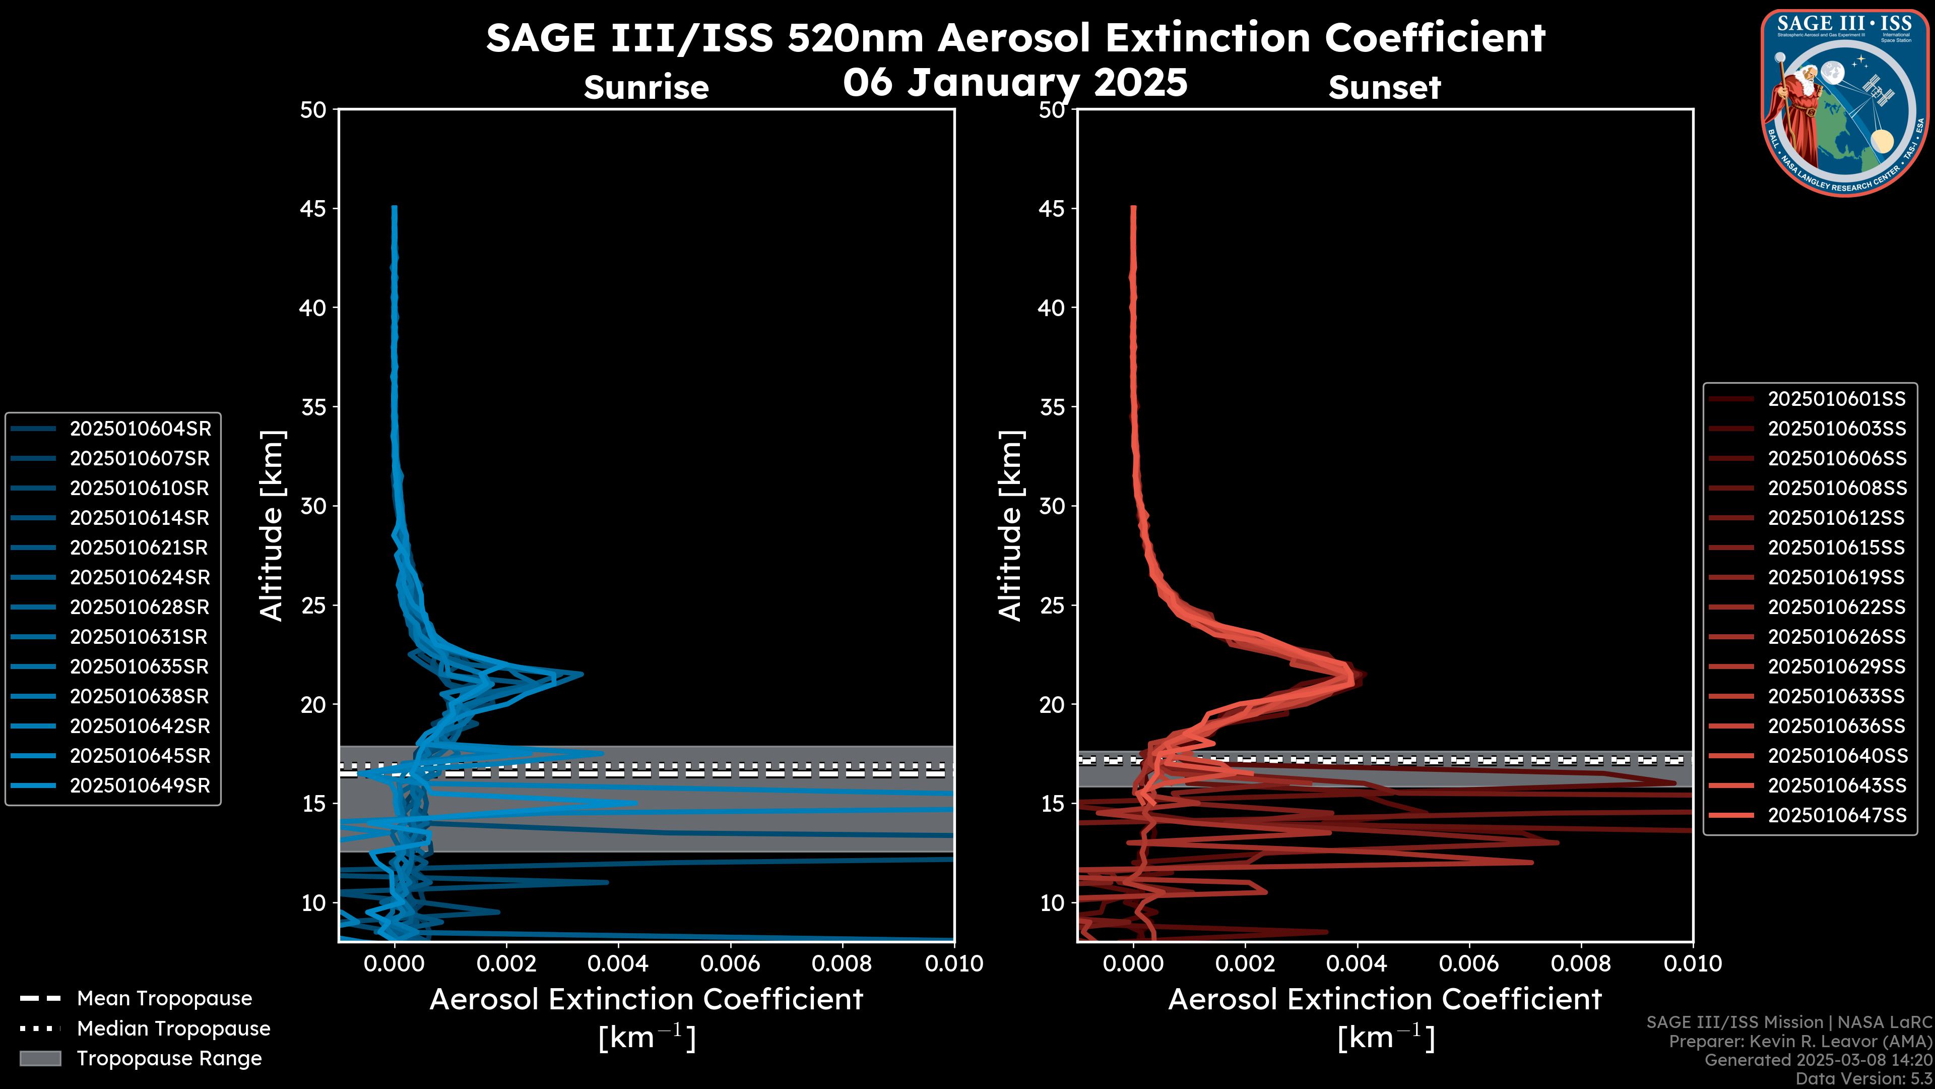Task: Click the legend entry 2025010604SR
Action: click(x=140, y=429)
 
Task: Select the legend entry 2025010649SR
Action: click(x=140, y=785)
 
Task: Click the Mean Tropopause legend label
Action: click(x=164, y=998)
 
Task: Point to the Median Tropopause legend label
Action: click(x=173, y=1028)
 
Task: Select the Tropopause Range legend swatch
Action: click(x=40, y=1058)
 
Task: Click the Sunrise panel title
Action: click(x=646, y=87)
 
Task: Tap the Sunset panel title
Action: click(x=1384, y=87)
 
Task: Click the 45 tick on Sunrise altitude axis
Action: click(x=314, y=208)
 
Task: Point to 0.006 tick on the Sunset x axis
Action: click(x=1469, y=963)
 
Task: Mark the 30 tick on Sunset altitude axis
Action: click(x=1052, y=506)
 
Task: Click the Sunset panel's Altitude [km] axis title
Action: click(x=1010, y=525)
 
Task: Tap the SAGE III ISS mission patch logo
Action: click(x=1844, y=102)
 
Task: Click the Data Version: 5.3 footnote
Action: click(x=1863, y=1078)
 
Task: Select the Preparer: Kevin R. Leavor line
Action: click(x=1800, y=1041)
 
